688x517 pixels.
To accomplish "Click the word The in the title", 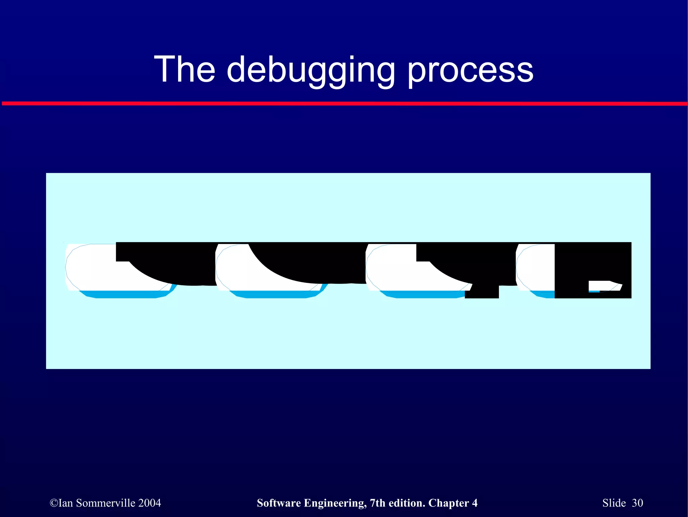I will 184,69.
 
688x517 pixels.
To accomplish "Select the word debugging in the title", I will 311,71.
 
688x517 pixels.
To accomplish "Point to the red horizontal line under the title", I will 344,103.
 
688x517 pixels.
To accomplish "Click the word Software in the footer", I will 279,503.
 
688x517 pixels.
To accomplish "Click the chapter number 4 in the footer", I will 475,503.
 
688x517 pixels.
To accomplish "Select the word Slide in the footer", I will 614,503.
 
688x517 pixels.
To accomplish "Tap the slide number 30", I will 637,503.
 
